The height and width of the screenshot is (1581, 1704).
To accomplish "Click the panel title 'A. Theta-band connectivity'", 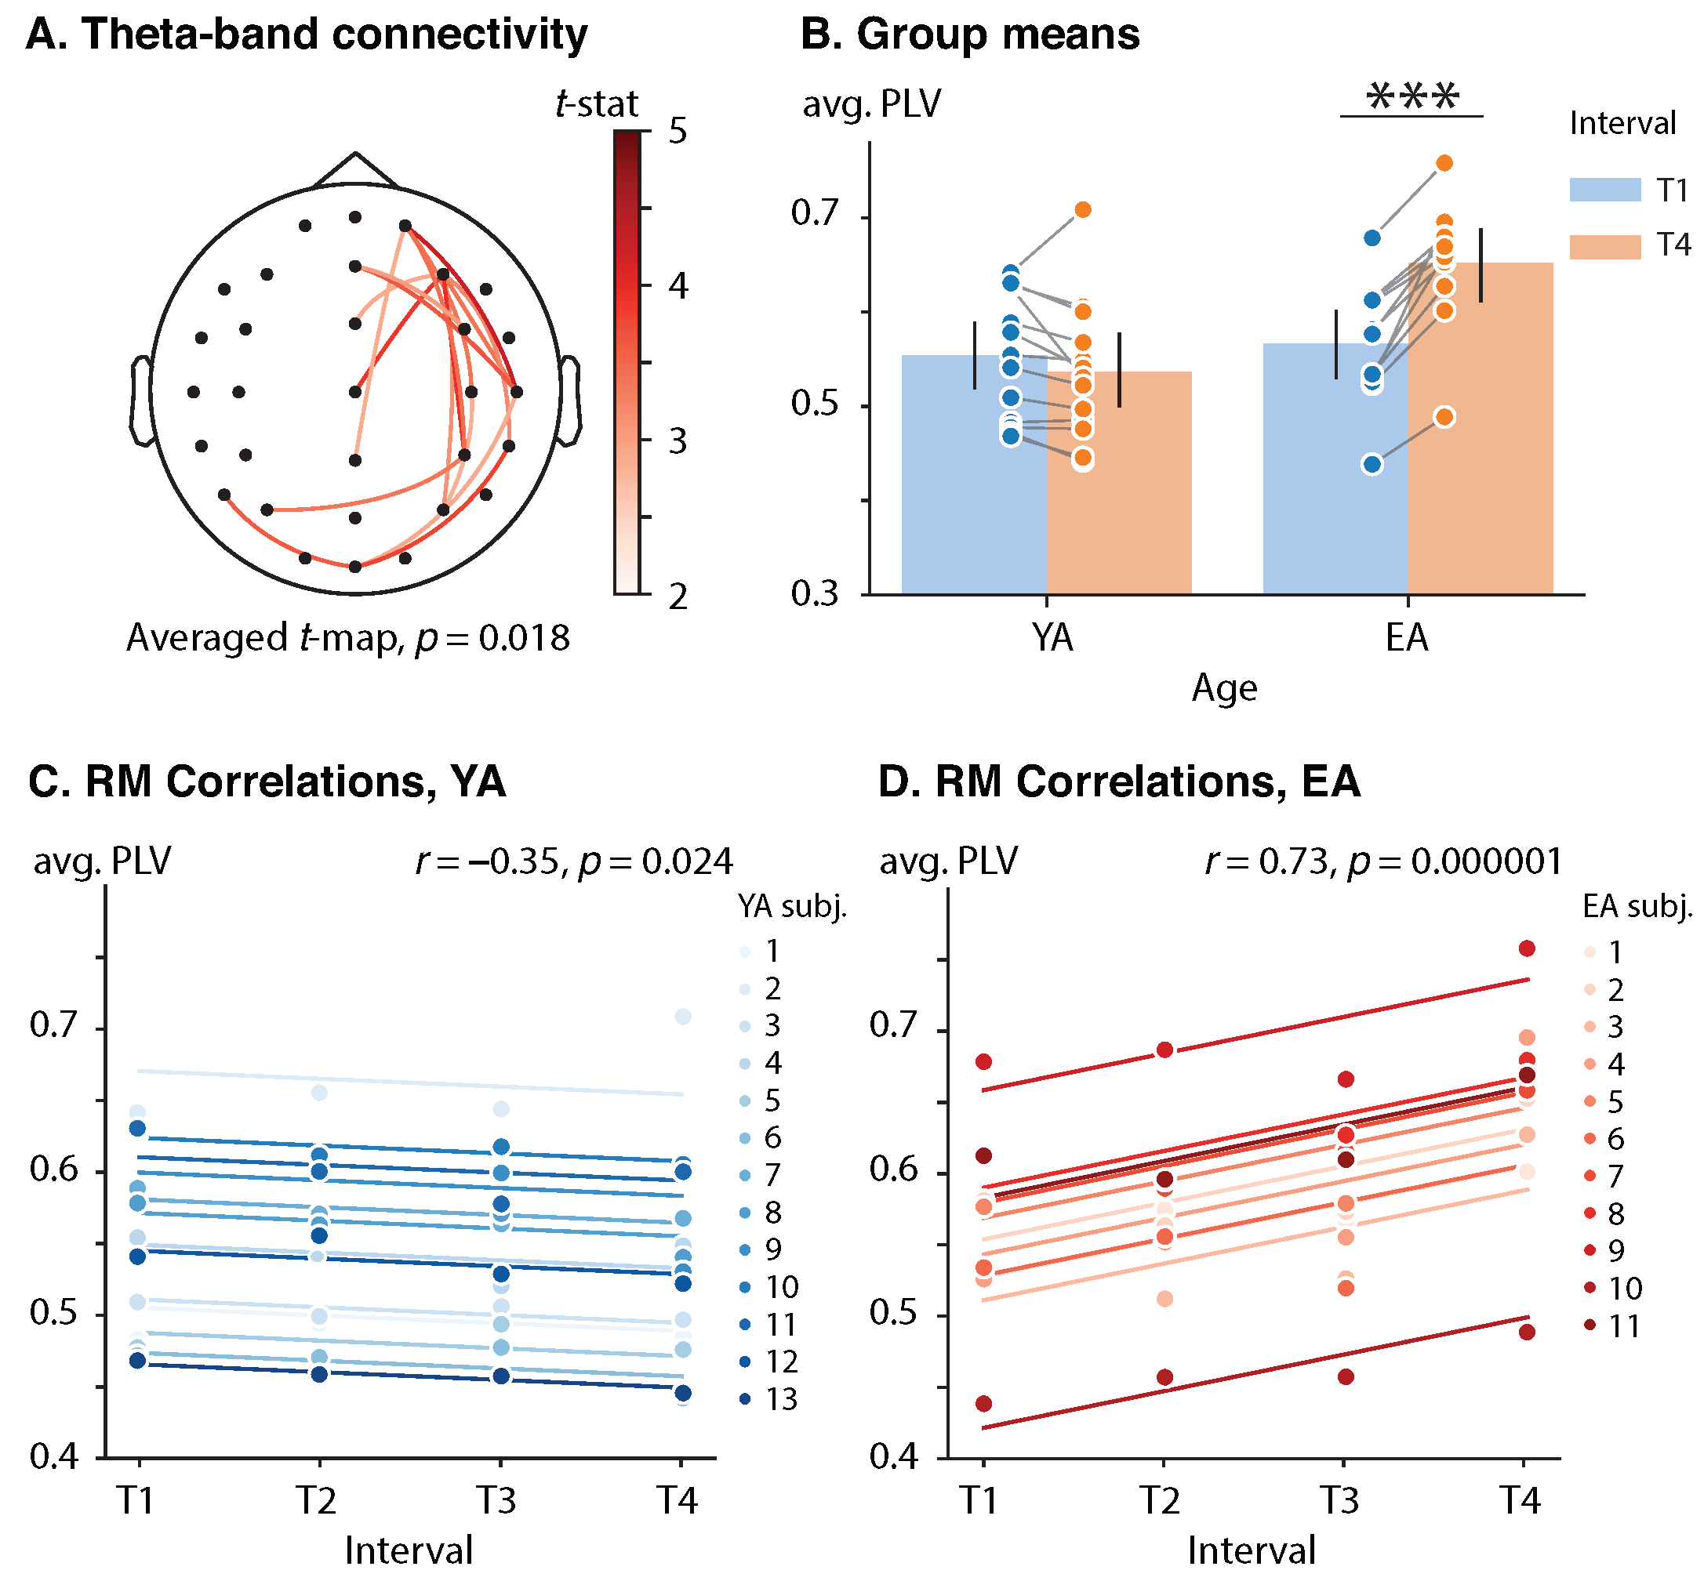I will pos(307,36).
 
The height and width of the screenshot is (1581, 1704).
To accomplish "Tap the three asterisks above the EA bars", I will pos(1412,97).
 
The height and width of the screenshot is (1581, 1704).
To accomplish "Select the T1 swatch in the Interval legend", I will pos(1604,190).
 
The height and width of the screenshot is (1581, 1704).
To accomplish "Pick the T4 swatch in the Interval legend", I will pos(1604,246).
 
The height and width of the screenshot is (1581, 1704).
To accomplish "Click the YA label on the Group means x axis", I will pos(1052,638).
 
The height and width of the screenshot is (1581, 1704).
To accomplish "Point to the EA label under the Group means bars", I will pos(1407,638).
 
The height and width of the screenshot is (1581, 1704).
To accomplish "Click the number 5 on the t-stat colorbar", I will pos(678,132).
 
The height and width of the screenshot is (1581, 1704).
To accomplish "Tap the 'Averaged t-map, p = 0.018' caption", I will pos(347,638).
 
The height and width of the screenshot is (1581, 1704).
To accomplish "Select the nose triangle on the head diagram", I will pos(355,169).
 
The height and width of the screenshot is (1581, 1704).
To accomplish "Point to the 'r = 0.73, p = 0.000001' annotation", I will pos(1383,861).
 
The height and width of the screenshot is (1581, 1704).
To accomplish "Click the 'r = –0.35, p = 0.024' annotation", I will pos(573,861).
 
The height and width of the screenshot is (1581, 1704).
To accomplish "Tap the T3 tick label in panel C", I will pos(496,1500).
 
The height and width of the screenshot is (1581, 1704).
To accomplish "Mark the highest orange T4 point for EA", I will pos(1444,163).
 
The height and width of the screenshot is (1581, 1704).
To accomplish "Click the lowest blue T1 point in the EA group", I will pos(1372,465).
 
